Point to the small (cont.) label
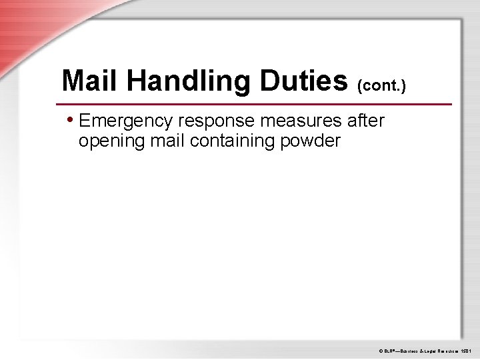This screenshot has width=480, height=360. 382,86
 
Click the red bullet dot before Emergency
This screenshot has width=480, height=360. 71,121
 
